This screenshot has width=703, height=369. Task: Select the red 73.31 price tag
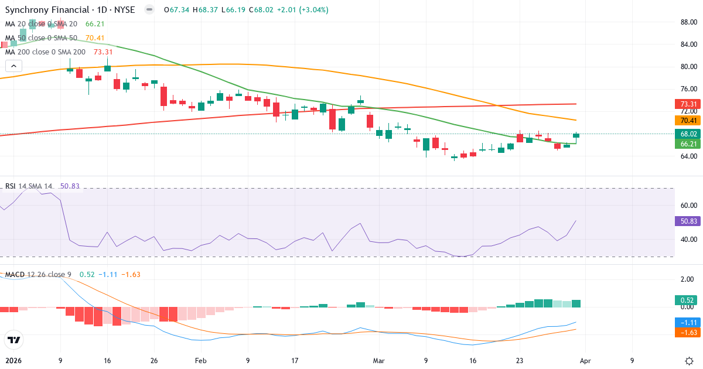click(x=688, y=104)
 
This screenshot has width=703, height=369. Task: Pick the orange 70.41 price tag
click(x=688, y=121)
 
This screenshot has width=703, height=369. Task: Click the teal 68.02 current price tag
click(x=688, y=134)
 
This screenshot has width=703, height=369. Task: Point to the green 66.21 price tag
click(x=688, y=143)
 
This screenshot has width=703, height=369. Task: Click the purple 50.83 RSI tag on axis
click(x=688, y=221)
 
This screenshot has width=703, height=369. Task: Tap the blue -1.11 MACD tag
click(x=688, y=323)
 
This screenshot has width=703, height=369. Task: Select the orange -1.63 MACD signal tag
click(x=688, y=332)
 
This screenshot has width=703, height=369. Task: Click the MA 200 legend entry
click(x=45, y=52)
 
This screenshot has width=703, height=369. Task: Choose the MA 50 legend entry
click(x=41, y=37)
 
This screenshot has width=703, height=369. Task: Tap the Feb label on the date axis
click(x=201, y=361)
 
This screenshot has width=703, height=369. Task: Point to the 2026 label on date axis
click(x=13, y=361)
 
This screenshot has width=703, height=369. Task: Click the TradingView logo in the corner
click(x=13, y=340)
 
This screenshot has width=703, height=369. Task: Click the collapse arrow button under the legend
click(x=13, y=66)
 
